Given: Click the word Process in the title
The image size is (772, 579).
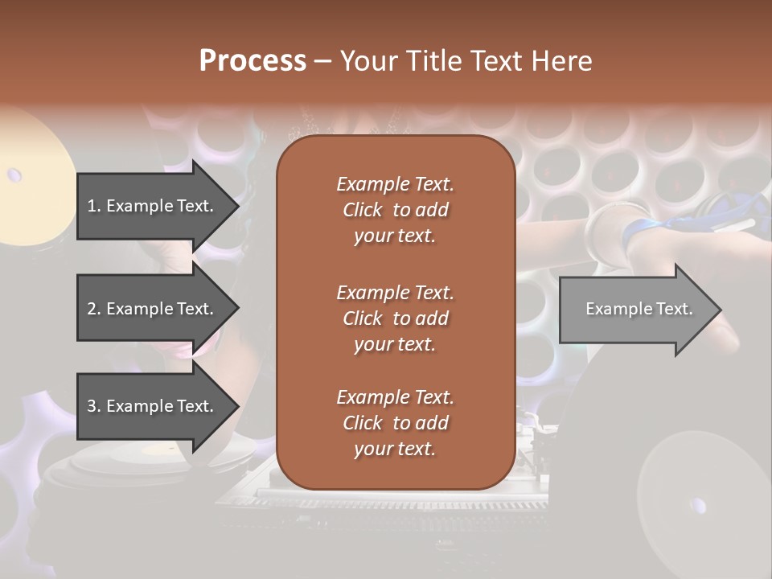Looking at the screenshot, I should tap(253, 60).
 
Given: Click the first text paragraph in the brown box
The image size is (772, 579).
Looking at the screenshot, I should tap(395, 210).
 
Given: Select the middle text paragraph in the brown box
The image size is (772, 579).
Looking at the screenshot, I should tap(395, 318).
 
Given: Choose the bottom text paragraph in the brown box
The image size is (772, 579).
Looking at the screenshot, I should tap(395, 423).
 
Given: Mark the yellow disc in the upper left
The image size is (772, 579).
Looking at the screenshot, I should tap(32, 173).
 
